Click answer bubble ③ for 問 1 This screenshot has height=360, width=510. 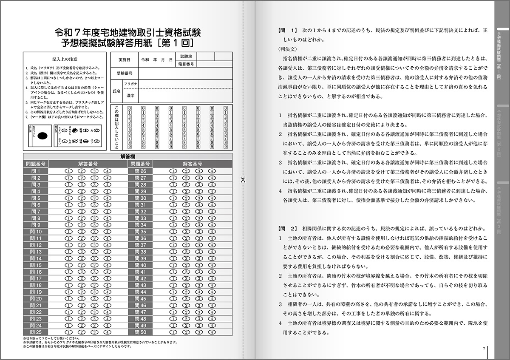(94, 171)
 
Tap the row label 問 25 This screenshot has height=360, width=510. (36, 332)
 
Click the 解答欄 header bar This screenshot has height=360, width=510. (127, 156)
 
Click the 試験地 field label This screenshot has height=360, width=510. (186, 56)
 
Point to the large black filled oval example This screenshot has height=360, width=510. (42, 136)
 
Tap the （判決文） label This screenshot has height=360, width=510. (287, 49)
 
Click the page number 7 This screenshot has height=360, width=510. (484, 349)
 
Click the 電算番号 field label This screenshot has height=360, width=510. (186, 64)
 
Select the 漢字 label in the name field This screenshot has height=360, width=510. (130, 96)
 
